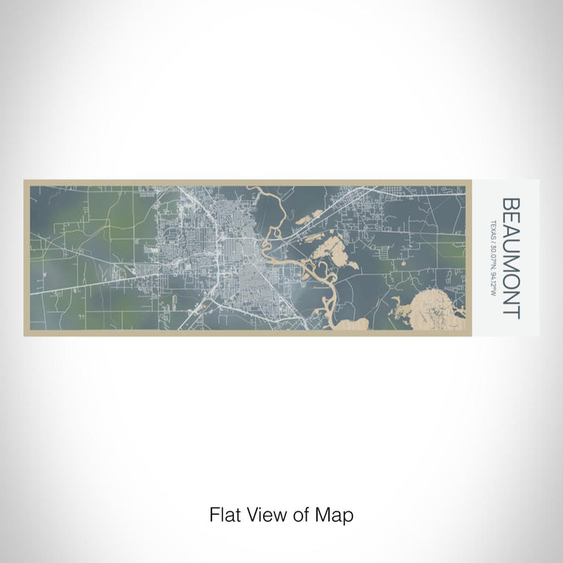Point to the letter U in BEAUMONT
pyautogui.click(x=511, y=252)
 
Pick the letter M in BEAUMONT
pyautogui.click(x=511, y=269)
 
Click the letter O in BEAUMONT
pyautogui.click(x=511, y=287)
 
